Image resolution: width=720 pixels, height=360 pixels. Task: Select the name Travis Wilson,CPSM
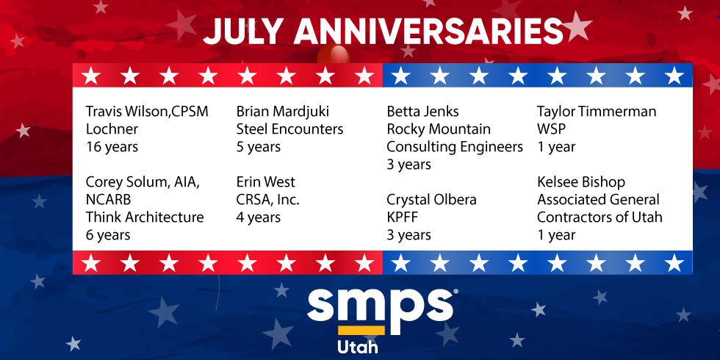pyautogui.click(x=147, y=112)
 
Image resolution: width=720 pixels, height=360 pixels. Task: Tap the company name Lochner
pyautogui.click(x=112, y=129)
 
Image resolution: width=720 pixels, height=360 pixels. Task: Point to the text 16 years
pyautogui.click(x=112, y=148)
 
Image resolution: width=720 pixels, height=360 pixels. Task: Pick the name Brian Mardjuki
pyautogui.click(x=282, y=112)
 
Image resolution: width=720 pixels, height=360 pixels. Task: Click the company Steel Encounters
pyautogui.click(x=289, y=129)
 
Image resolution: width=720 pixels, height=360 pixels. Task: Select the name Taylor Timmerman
pyautogui.click(x=597, y=112)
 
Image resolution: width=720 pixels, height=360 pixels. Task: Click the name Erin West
pyautogui.click(x=265, y=182)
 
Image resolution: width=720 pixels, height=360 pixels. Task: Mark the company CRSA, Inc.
pyautogui.click(x=267, y=200)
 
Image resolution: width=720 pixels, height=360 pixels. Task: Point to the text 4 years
pyautogui.click(x=258, y=218)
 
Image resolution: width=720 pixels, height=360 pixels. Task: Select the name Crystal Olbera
pyautogui.click(x=431, y=200)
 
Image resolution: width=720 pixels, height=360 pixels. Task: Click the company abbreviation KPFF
pyautogui.click(x=403, y=217)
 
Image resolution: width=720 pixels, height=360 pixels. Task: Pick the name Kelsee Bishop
pyautogui.click(x=581, y=182)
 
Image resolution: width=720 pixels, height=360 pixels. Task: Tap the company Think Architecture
pyautogui.click(x=145, y=217)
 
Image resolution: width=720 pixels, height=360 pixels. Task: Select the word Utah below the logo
pyautogui.click(x=358, y=346)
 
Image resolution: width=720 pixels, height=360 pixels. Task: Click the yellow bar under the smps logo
pyautogui.click(x=361, y=330)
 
